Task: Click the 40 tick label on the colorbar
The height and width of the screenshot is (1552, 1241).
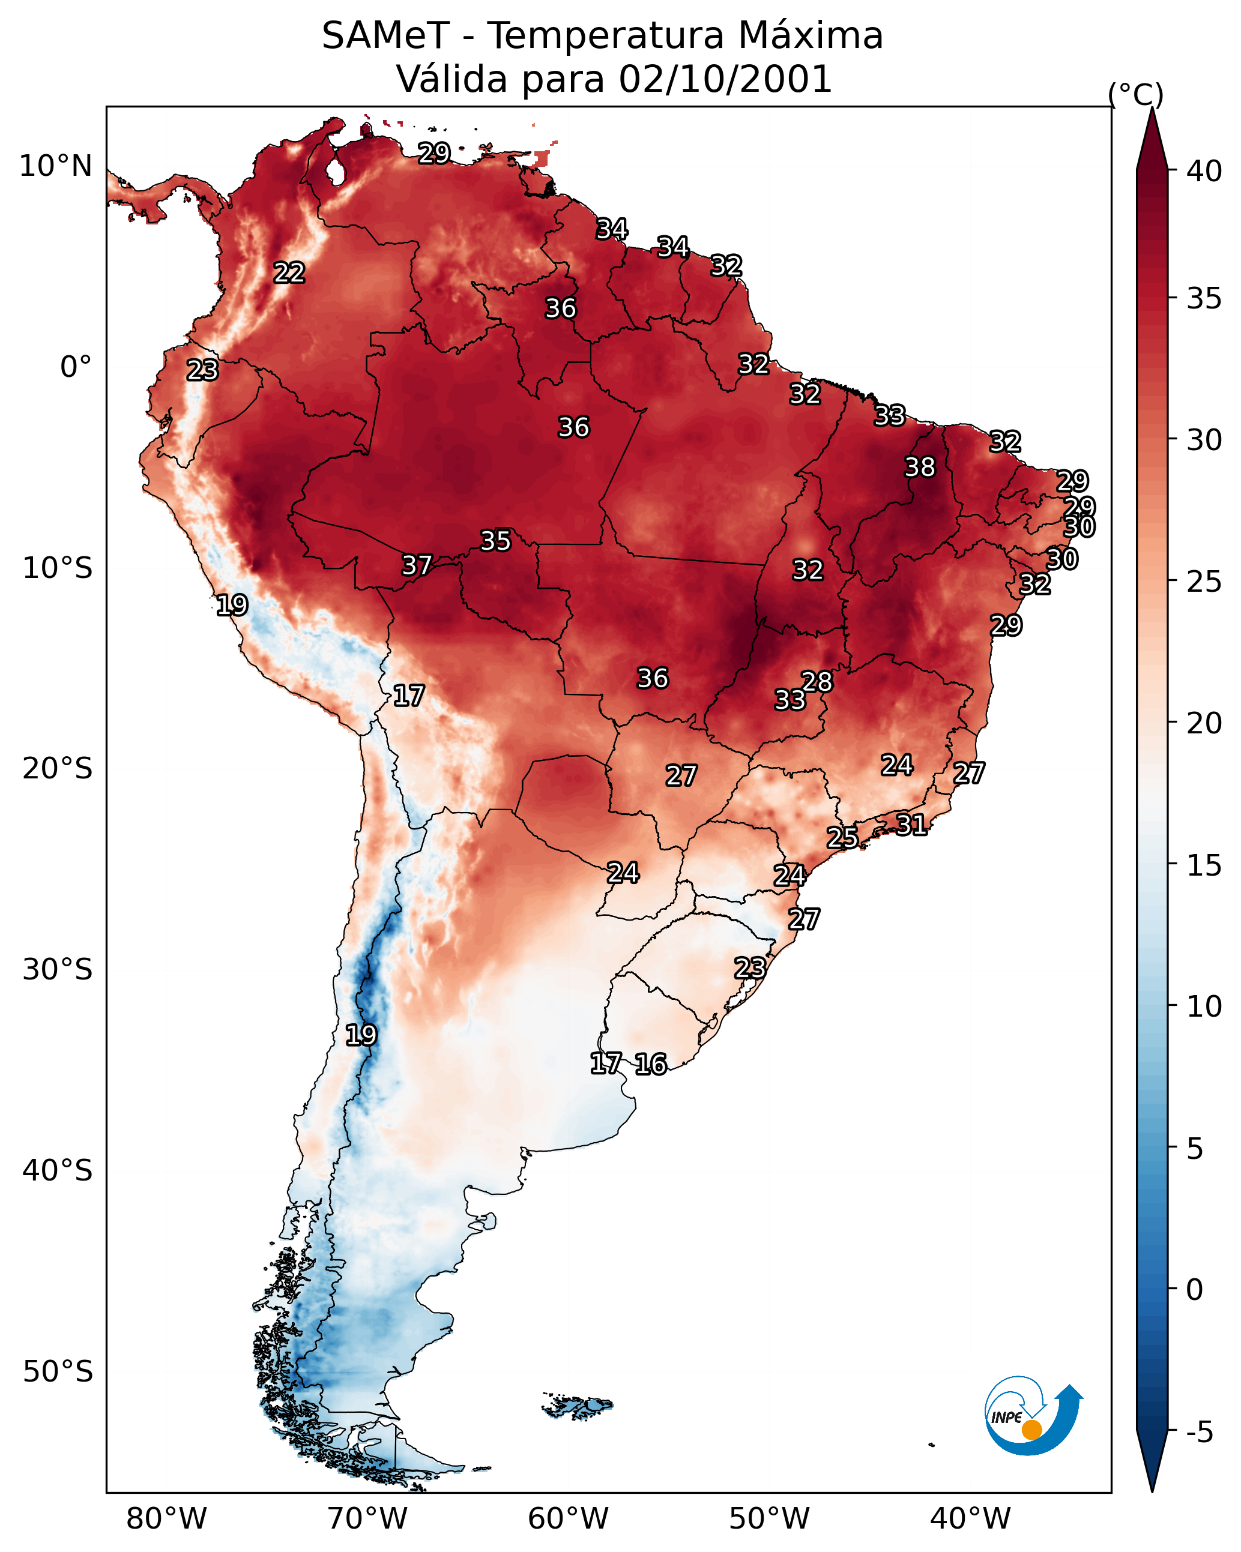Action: (x=1204, y=171)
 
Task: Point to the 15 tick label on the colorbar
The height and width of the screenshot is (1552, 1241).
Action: (x=1204, y=865)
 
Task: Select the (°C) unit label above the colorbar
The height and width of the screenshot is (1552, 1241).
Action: (x=1135, y=94)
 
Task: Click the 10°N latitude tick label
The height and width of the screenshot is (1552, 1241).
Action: (x=55, y=166)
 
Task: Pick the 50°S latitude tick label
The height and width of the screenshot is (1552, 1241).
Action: (x=58, y=1372)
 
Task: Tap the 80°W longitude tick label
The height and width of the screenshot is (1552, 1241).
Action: (x=166, y=1519)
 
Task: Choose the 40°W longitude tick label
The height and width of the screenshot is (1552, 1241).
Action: (x=970, y=1519)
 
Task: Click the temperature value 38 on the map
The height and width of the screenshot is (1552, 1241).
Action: (x=920, y=467)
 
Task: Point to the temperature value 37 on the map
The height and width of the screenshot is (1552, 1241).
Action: (x=416, y=565)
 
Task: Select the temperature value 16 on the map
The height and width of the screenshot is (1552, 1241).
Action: (x=650, y=1064)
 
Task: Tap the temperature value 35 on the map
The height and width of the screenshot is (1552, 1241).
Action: (x=495, y=541)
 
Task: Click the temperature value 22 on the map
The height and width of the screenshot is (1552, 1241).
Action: (x=289, y=273)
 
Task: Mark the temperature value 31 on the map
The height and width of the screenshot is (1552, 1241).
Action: (x=911, y=824)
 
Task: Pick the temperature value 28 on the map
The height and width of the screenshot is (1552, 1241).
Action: (x=817, y=681)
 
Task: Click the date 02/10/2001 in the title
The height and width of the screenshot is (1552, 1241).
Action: (x=725, y=79)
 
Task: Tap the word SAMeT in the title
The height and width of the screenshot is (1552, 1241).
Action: (x=385, y=35)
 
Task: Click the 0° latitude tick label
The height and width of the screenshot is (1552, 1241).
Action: (x=76, y=367)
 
